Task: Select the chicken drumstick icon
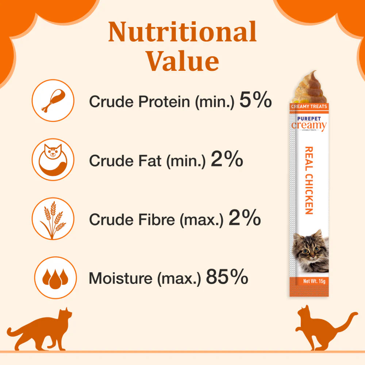(53, 100)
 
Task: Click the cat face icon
(53, 159)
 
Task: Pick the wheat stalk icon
(53, 218)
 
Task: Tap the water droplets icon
(55, 277)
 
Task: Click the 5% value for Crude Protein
(255, 101)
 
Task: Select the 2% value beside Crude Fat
(227, 160)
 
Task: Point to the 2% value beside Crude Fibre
(244, 218)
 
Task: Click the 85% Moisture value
(227, 277)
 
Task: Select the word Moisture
(120, 278)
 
